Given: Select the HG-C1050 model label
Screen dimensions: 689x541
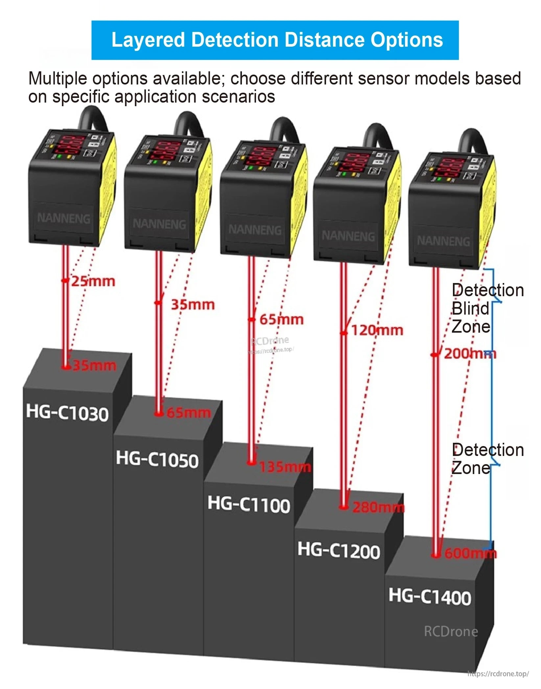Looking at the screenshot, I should tap(157, 459).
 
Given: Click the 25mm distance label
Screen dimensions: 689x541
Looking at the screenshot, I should tap(93, 281).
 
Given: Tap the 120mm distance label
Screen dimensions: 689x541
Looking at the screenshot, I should tap(377, 330).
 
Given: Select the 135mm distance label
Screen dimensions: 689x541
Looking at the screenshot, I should tap(285, 467).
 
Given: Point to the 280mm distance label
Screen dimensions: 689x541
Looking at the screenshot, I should tap(378, 508).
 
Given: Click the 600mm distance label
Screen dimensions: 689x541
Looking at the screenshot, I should tap(470, 554).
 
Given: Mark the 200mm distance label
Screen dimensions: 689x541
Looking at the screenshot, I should tap(470, 354).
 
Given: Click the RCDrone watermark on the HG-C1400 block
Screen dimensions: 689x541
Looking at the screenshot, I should tap(451, 631).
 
